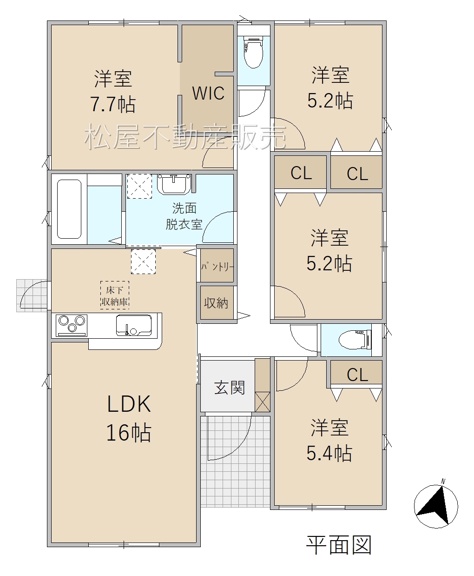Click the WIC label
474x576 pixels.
click(208, 93)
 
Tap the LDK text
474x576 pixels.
click(129, 404)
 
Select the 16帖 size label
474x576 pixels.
click(129, 432)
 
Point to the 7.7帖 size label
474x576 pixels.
click(113, 104)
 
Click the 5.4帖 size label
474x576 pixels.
click(329, 453)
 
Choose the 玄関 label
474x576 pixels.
click(230, 388)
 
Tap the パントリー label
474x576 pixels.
click(217, 267)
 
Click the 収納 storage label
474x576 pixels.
click(216, 303)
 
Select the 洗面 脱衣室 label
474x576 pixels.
click(184, 216)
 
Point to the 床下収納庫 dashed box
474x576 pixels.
click(115, 295)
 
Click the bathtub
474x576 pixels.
click(69, 209)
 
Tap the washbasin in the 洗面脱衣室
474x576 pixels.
click(174, 184)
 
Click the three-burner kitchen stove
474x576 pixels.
click(72, 326)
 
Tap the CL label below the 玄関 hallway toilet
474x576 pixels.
click(357, 375)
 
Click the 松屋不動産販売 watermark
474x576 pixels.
click(185, 137)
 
